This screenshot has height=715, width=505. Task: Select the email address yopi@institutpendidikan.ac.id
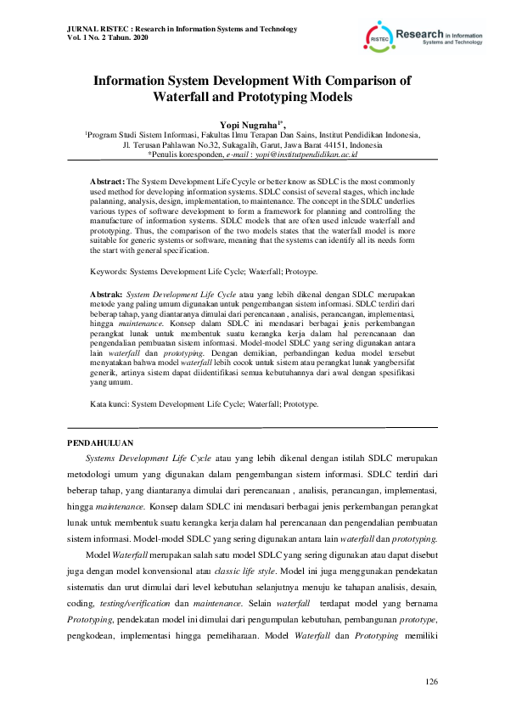tap(303, 155)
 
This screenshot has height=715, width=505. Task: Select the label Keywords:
tap(112, 271)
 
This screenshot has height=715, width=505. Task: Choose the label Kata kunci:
tap(111, 404)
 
